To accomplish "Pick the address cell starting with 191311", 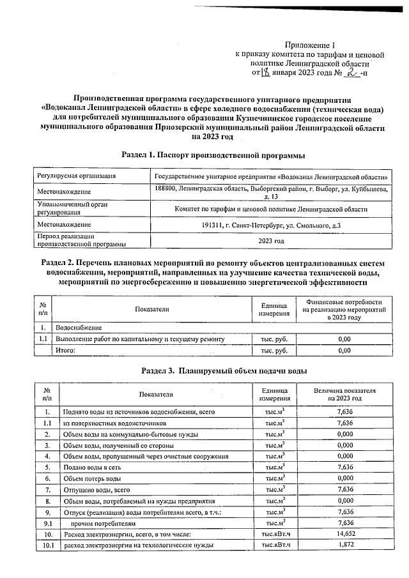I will click(271, 225).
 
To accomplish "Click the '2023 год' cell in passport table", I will click(271, 241).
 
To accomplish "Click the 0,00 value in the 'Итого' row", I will click(344, 351).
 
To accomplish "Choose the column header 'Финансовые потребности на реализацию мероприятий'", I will click(344, 309).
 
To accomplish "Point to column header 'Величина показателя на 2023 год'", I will click(344, 394).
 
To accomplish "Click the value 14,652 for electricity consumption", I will click(344, 533).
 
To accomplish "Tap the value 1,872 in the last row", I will click(344, 545).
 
